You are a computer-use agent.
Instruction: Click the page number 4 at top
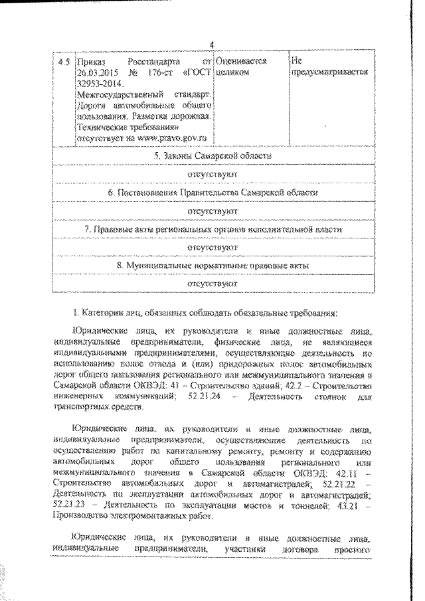point(212,44)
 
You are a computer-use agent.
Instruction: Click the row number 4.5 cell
point(64,61)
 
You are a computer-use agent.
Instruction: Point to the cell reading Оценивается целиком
point(241,66)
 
